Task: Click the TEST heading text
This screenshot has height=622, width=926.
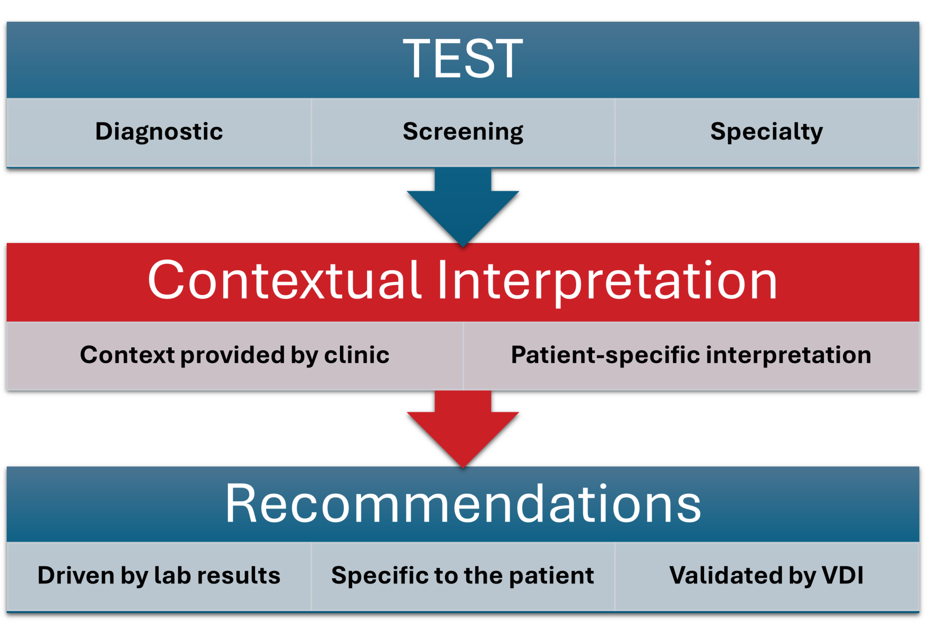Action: point(463,59)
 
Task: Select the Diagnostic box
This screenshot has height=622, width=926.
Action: point(159,132)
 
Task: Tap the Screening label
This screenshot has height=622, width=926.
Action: point(463,132)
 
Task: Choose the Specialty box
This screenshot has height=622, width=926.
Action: point(766,132)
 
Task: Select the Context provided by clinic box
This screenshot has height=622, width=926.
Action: point(234,355)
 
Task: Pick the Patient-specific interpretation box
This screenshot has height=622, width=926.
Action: point(691,355)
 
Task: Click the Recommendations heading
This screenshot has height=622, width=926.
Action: point(463,503)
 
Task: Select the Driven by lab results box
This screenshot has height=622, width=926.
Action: point(159,576)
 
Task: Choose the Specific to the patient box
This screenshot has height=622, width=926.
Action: point(463,576)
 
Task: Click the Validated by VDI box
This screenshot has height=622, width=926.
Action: point(766,576)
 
